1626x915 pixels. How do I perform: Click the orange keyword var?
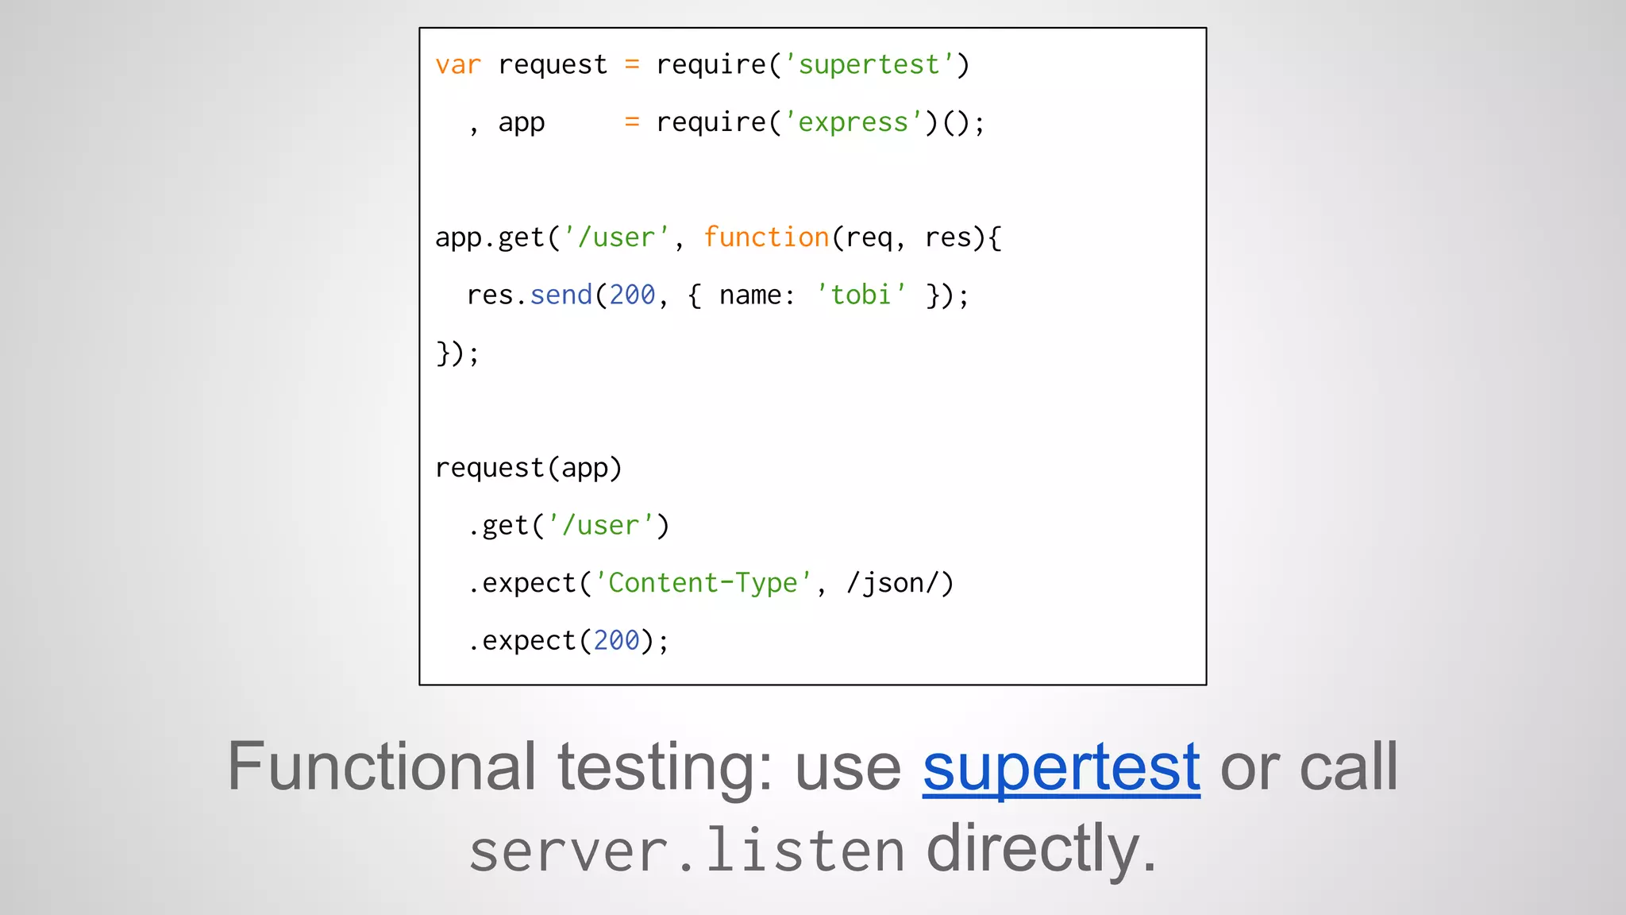458,65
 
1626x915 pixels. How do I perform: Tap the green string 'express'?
853,122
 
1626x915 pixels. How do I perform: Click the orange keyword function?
766,237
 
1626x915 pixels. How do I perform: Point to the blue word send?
561,295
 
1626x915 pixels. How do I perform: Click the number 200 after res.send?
632,295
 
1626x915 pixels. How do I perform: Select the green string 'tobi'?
861,295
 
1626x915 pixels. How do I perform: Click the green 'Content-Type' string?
703,583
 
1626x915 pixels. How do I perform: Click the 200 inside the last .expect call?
616,640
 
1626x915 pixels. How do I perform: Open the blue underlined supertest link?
1061,766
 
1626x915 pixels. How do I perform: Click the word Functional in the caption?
382,766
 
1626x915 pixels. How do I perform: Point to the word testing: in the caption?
665,766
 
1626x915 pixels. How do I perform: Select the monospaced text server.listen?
687,851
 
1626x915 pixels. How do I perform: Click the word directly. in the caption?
1041,849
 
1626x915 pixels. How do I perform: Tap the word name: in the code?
757,295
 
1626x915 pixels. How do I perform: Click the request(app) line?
528,468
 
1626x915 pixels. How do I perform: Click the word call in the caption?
1348,766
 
